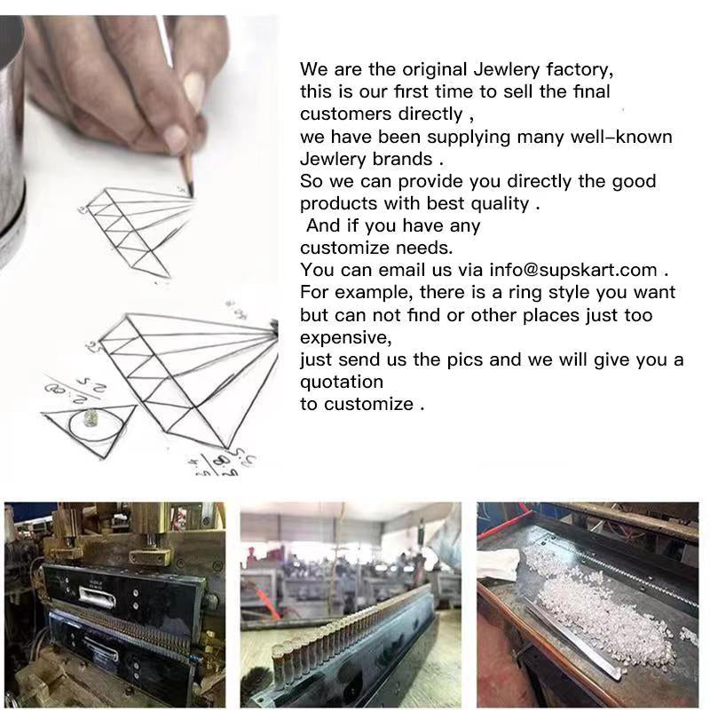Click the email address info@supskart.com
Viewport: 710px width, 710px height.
572,271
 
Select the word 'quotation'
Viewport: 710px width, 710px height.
342,383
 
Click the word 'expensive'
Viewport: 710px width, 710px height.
345,338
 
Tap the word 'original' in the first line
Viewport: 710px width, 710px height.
435,70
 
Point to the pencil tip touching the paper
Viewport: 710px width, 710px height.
191,195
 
